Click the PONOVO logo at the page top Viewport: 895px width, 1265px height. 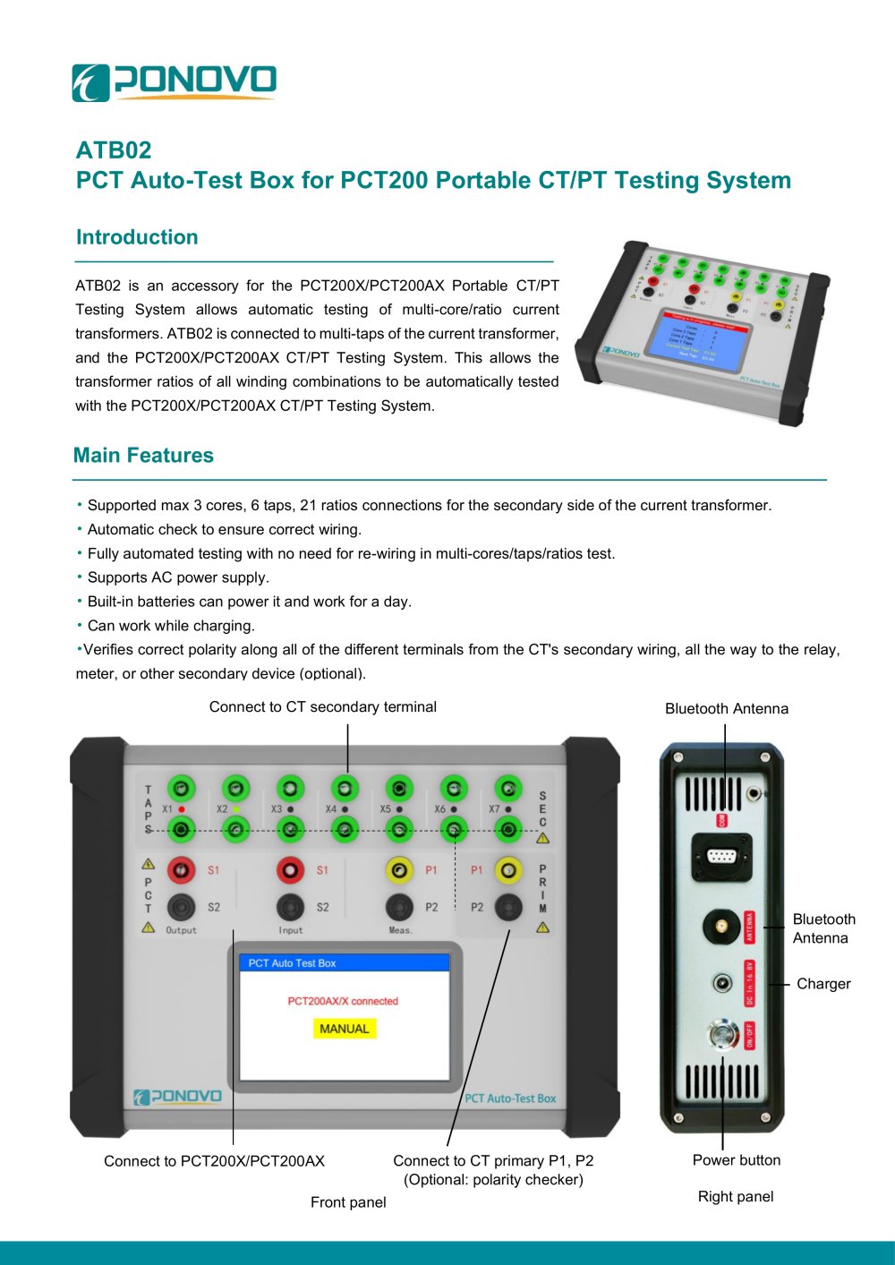[174, 82]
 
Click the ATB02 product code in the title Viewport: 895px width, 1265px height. [114, 150]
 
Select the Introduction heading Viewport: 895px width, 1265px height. [137, 237]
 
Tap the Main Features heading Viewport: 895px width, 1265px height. [143, 456]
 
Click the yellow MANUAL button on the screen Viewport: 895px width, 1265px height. [345, 1029]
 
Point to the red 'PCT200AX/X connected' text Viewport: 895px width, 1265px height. [343, 1001]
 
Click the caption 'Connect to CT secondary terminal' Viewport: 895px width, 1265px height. [322, 707]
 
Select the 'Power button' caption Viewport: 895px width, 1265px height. [736, 1160]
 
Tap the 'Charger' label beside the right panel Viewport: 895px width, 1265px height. [823, 984]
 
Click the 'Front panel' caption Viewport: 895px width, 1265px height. [348, 1202]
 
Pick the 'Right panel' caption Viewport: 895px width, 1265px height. [736, 1197]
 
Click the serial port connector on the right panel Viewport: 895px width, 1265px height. [721, 856]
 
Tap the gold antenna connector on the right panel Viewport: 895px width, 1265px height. [720, 927]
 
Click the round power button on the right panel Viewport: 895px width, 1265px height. [721, 1035]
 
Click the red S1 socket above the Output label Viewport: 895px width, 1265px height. [182, 869]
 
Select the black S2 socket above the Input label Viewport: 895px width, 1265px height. [290, 907]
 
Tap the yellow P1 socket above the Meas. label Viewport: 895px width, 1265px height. [399, 869]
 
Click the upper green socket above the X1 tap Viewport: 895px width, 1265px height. [182, 789]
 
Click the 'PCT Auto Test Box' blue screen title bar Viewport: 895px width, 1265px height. [345, 963]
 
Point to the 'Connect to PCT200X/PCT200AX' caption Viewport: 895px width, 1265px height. [214, 1161]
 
